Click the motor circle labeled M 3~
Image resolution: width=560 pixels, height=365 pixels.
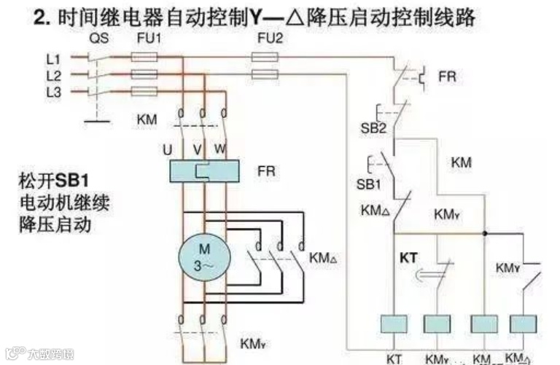[205, 259]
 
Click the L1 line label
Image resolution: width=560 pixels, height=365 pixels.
[53, 58]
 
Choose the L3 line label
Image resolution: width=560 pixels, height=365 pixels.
[53, 91]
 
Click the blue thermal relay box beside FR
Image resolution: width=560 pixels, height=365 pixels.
[203, 171]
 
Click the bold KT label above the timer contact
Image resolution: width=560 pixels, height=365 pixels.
[408, 259]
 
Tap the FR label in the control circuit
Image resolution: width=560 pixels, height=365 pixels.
[447, 76]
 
